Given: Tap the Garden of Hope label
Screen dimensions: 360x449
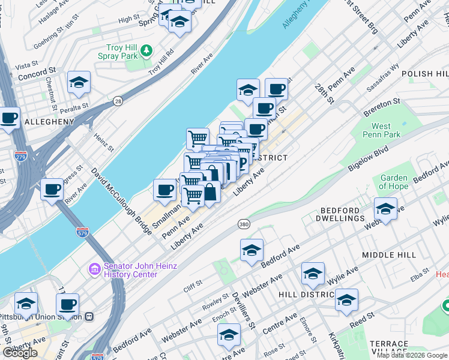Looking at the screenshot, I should [x=394, y=182].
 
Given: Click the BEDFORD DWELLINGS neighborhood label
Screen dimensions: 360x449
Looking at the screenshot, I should [x=342, y=215].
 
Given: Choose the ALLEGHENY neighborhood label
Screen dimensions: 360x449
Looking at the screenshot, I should [x=49, y=122].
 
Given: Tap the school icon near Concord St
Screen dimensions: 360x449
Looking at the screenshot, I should [x=79, y=83].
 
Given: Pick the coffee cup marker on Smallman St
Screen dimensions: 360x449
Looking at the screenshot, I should [x=164, y=191].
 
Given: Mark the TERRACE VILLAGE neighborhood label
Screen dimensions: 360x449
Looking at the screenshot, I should [x=389, y=348].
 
